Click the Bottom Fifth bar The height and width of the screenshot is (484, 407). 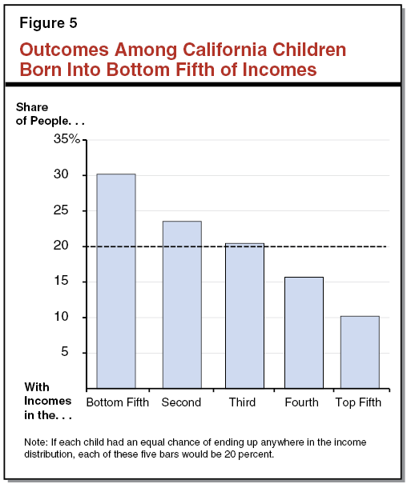click(115, 280)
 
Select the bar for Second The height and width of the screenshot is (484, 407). click(181, 304)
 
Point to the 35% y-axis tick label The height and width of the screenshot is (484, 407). click(67, 139)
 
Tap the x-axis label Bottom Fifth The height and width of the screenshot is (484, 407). click(117, 402)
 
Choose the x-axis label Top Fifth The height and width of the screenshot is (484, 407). click(359, 402)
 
